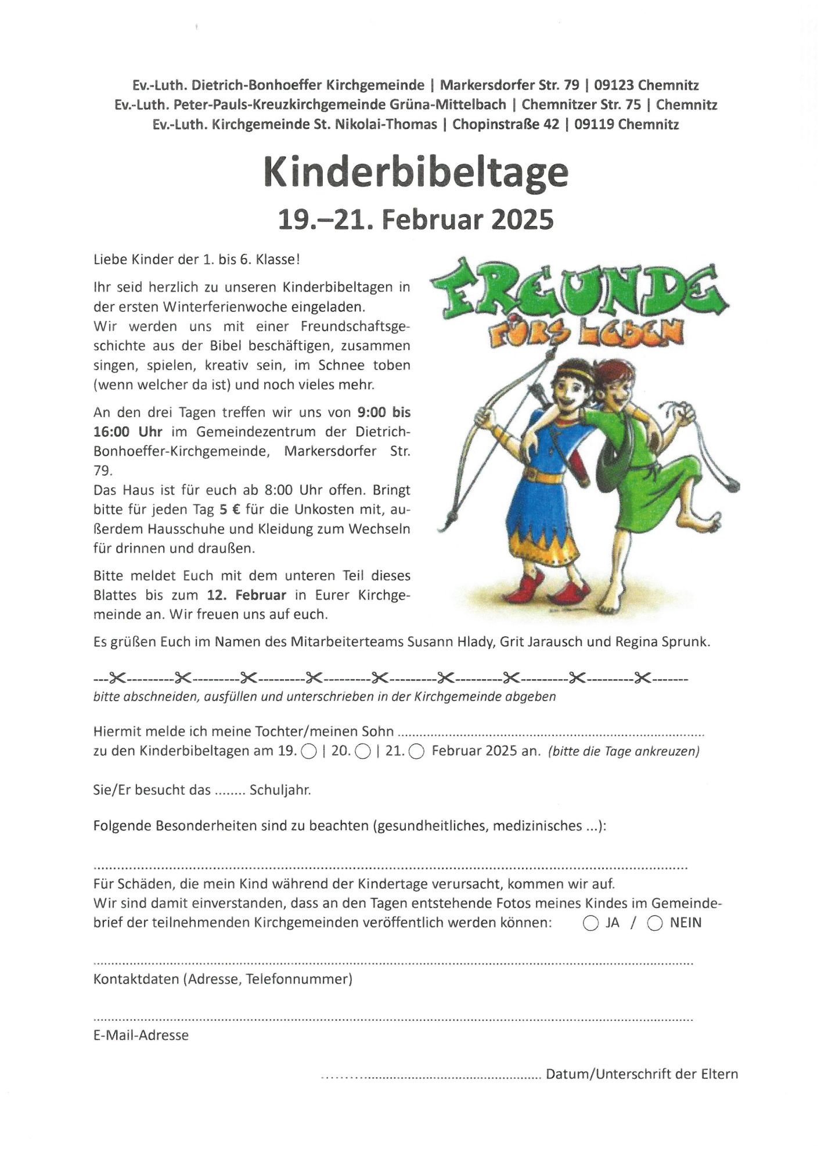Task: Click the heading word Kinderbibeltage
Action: coord(416,172)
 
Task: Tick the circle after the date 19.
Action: coord(309,752)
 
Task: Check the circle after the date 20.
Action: coord(362,752)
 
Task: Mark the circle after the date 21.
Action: coord(416,752)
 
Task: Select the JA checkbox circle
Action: coord(590,923)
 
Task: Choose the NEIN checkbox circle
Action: coord(654,923)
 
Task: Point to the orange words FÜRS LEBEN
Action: coord(585,335)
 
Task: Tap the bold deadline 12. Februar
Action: coord(246,595)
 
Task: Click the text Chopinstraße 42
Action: coord(505,124)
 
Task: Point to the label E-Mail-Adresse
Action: coord(141,1035)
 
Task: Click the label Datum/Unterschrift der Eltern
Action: coord(642,1074)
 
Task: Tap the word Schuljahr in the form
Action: coord(280,790)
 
